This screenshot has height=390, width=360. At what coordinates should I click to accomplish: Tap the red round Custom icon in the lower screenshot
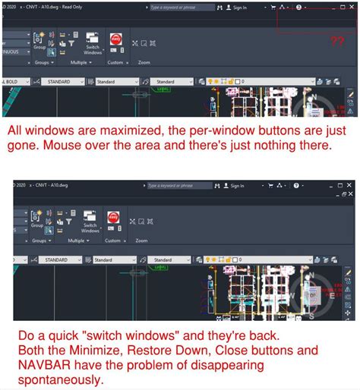click(115, 220)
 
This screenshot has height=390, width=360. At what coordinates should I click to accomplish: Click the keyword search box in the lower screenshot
click(177, 185)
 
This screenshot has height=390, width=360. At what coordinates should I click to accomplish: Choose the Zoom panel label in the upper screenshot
click(144, 62)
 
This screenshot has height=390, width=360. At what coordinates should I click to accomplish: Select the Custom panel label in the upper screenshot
click(115, 62)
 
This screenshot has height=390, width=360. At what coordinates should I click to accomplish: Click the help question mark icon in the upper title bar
click(298, 7)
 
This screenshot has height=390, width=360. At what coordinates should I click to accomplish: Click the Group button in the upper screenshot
click(40, 43)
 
